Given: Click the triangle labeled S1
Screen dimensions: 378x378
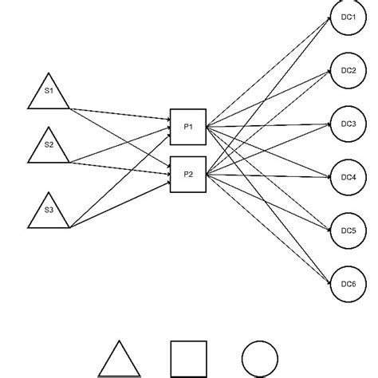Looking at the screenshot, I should pyautogui.click(x=49, y=94).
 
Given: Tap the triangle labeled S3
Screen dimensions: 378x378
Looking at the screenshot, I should pyautogui.click(x=49, y=213).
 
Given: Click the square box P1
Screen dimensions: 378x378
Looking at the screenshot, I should pyautogui.click(x=188, y=126).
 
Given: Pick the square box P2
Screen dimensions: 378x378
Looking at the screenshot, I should pyautogui.click(x=188, y=175).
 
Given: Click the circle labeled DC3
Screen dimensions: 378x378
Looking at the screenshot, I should pyautogui.click(x=348, y=125).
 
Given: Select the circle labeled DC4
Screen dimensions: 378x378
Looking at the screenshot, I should pyautogui.click(x=348, y=177).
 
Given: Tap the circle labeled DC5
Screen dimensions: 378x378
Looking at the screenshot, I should pyautogui.click(x=348, y=230).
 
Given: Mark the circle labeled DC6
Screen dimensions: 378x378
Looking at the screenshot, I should pyautogui.click(x=348, y=284).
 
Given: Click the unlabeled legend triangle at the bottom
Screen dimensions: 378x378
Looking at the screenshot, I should pyautogui.click(x=118, y=361).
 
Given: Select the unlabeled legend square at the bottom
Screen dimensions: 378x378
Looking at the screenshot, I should pyautogui.click(x=189, y=360).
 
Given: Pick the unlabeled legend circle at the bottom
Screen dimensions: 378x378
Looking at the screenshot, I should pyautogui.click(x=260, y=360).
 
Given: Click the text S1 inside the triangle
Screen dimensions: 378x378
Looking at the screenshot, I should pyautogui.click(x=49, y=91).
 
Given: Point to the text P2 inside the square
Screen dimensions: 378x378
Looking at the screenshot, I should pyautogui.click(x=189, y=175).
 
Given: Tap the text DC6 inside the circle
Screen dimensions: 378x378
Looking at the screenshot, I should pyautogui.click(x=348, y=284).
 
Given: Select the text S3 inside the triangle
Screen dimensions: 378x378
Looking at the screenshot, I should pyautogui.click(x=49, y=211).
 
